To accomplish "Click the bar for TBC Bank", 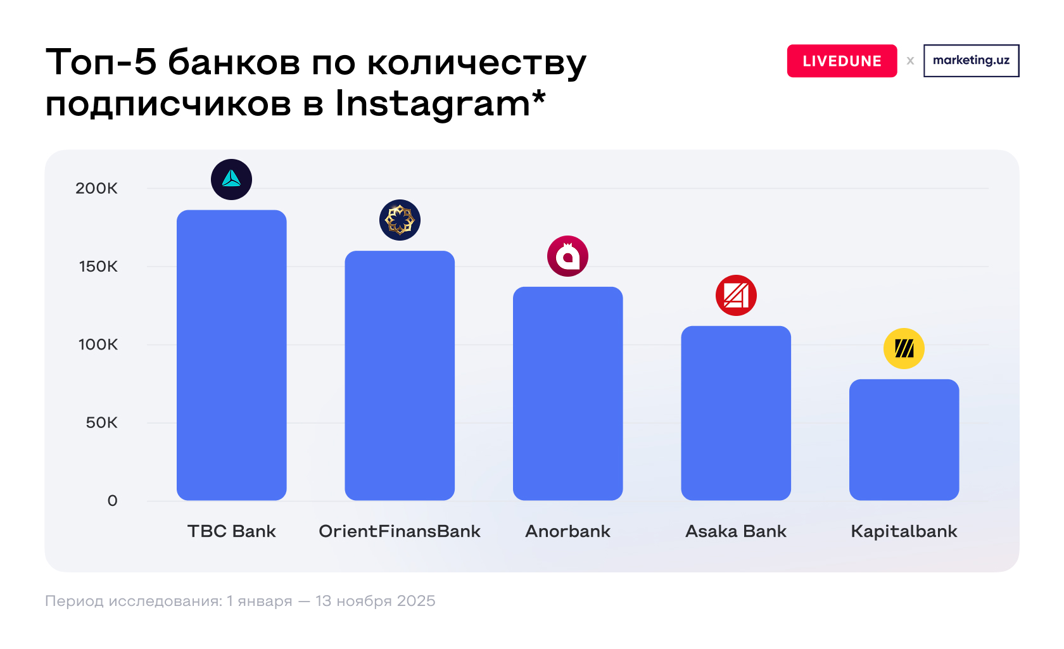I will pyautogui.click(x=231, y=355).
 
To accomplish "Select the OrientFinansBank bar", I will pyautogui.click(x=400, y=375).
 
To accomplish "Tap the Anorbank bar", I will pyautogui.click(x=567, y=393).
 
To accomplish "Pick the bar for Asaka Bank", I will pyautogui.click(x=736, y=413).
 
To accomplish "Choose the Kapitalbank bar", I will pyautogui.click(x=904, y=439).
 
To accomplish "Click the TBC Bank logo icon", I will pyautogui.click(x=231, y=179).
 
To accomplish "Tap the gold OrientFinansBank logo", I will pyautogui.click(x=400, y=220).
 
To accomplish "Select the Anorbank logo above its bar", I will pyautogui.click(x=567, y=256).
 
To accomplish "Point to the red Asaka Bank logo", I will pyautogui.click(x=736, y=295).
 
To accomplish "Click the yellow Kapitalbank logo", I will pyautogui.click(x=904, y=348).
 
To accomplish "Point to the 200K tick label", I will pyautogui.click(x=96, y=188).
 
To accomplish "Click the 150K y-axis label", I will pyautogui.click(x=98, y=266).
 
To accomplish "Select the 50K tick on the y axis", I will pyautogui.click(x=101, y=422).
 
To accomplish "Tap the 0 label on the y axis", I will pyautogui.click(x=112, y=500).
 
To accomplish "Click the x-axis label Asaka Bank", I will pyautogui.click(x=736, y=531).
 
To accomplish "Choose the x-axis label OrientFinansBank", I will pyautogui.click(x=400, y=531).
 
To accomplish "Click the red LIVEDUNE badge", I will pyautogui.click(x=842, y=61).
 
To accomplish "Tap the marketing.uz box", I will pyautogui.click(x=971, y=60).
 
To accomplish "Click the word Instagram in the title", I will pyautogui.click(x=433, y=103).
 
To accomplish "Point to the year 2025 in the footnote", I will pyautogui.click(x=415, y=600).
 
